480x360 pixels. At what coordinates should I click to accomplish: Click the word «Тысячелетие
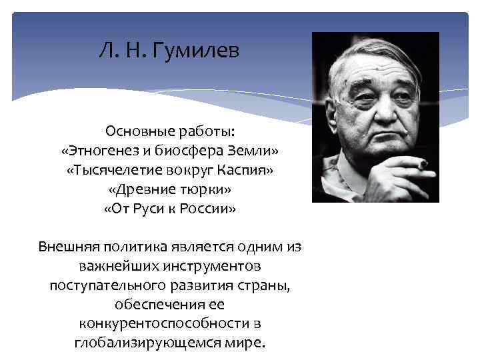(111, 171)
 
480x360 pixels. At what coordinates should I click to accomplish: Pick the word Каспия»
(245, 171)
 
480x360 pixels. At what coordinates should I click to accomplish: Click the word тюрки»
(201, 190)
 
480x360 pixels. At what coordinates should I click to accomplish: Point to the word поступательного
(104, 286)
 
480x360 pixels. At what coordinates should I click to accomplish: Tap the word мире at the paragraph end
(249, 344)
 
